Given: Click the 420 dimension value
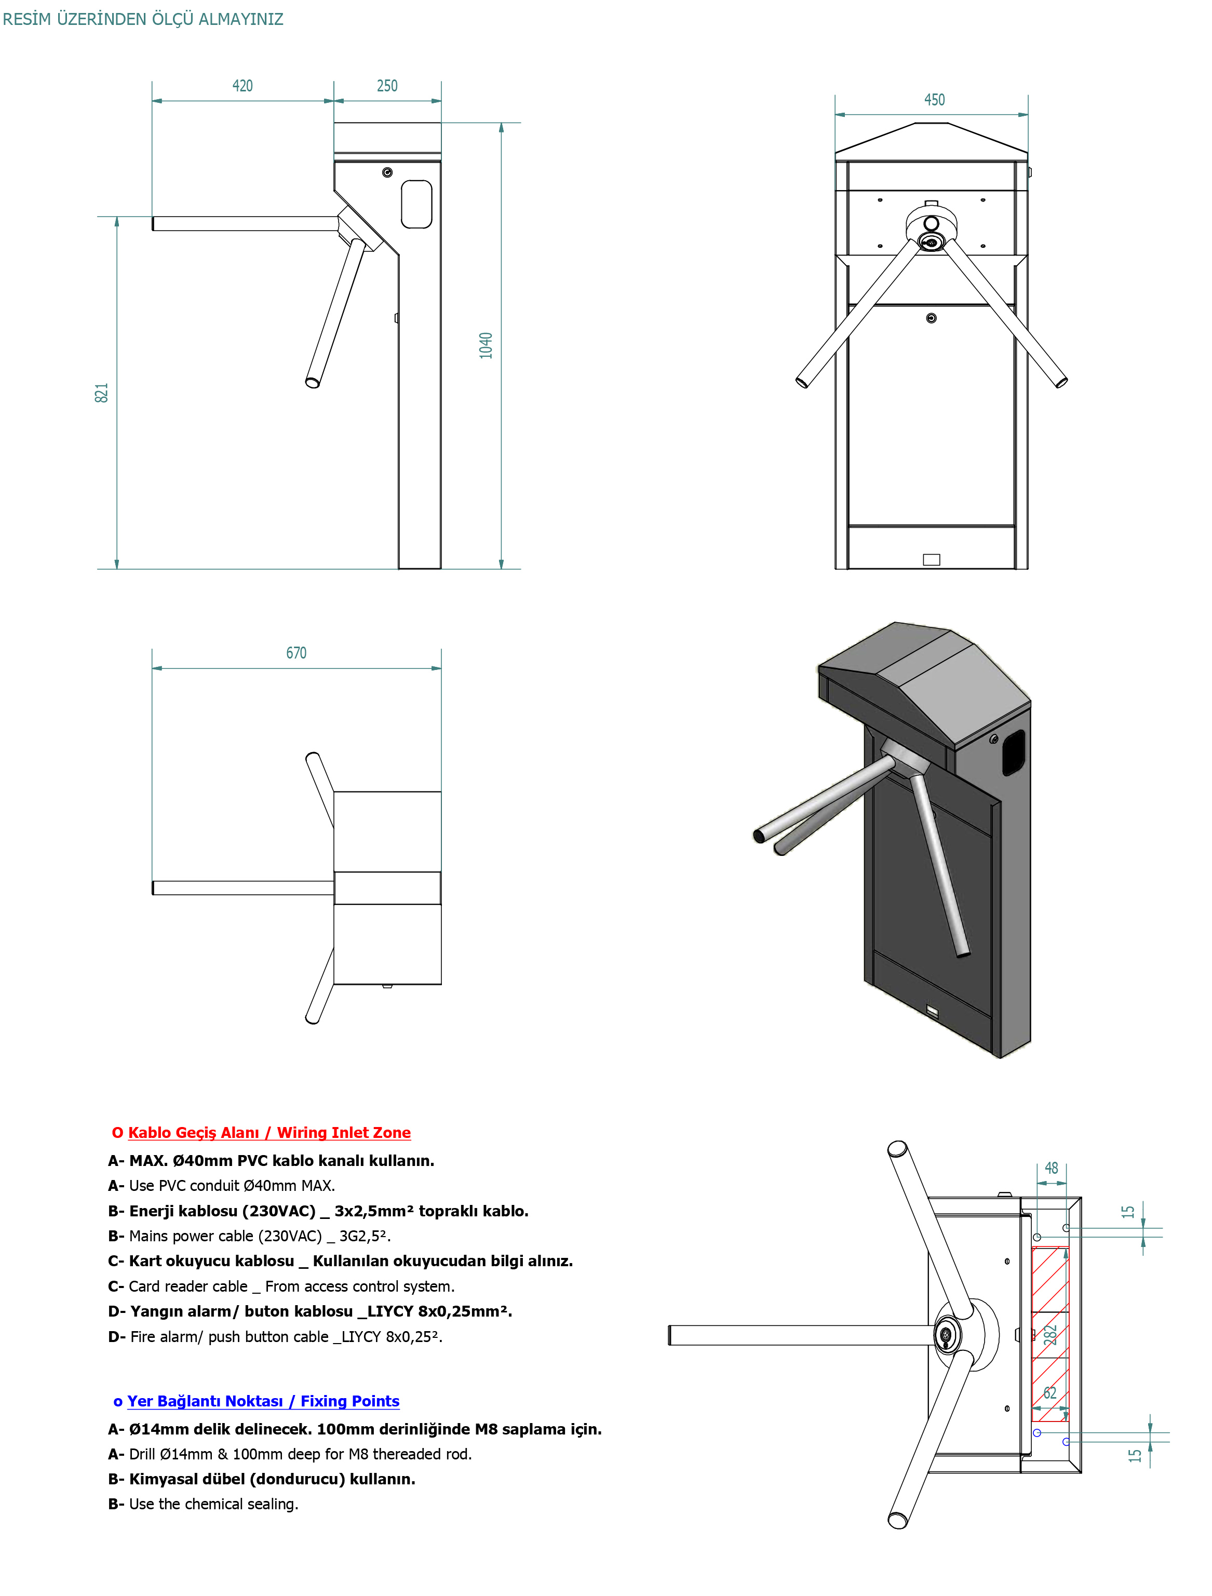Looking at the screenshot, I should pyautogui.click(x=243, y=86).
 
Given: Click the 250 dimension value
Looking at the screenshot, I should pyautogui.click(x=387, y=86).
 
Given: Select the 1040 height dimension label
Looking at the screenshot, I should pyautogui.click(x=486, y=345).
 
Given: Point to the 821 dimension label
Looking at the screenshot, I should pyautogui.click(x=102, y=393).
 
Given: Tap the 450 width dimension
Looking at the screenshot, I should pyautogui.click(x=934, y=100).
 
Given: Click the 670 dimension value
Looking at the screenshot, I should pyautogui.click(x=296, y=653).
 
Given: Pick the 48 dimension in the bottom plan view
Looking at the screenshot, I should pyautogui.click(x=1051, y=1168).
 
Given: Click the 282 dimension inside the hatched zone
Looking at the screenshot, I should pyautogui.click(x=1051, y=1335).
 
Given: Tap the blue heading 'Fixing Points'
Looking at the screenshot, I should pyautogui.click(x=349, y=1401).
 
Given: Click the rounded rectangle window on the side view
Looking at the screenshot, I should pyautogui.click(x=416, y=204).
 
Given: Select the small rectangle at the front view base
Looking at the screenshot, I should pyautogui.click(x=932, y=559).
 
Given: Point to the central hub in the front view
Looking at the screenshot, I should pyautogui.click(x=932, y=241).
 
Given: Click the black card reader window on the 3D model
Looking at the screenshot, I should pyautogui.click(x=1014, y=752).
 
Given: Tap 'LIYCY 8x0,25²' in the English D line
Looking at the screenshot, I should pyautogui.click(x=391, y=1337).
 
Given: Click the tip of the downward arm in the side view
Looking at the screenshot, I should pyautogui.click(x=313, y=382).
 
